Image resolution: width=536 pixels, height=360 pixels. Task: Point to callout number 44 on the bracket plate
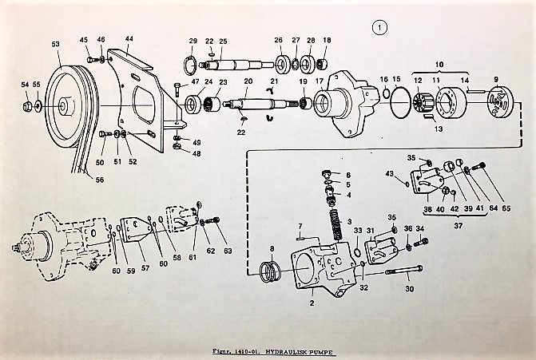(x=129, y=39)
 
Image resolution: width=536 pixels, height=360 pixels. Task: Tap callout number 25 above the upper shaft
(x=223, y=42)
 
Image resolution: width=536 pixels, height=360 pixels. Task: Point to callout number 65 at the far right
(x=507, y=209)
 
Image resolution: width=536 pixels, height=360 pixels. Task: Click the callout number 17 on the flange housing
(x=319, y=81)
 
